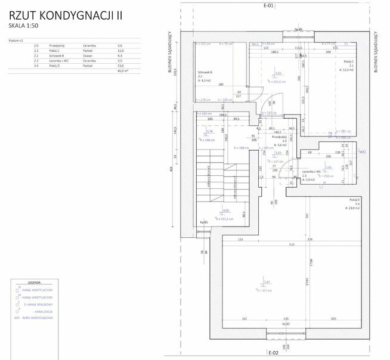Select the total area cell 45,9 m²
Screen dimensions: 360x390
point(123,70)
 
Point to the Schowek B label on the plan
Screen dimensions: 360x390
point(206,73)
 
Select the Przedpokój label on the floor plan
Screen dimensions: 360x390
point(280,140)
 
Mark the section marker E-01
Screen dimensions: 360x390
point(268,5)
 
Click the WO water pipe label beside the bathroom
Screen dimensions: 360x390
point(362,152)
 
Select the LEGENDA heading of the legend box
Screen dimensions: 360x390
point(35,283)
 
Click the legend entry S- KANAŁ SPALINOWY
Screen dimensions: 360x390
point(38,304)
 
